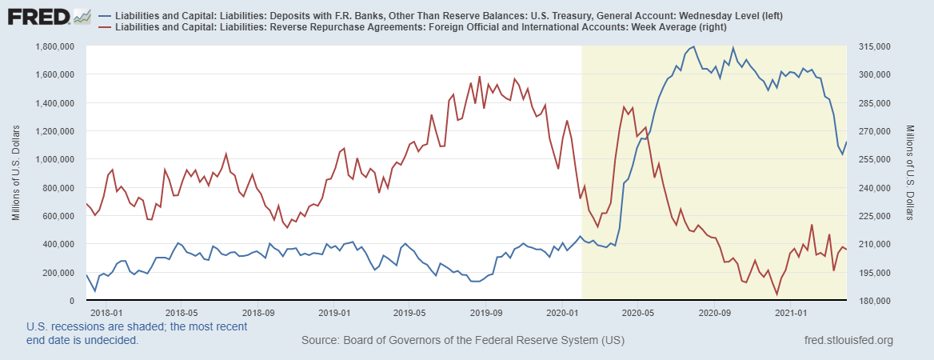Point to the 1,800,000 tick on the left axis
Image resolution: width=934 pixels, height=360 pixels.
pyautogui.click(x=55, y=46)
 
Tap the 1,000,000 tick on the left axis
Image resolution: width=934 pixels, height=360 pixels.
pyautogui.click(x=55, y=159)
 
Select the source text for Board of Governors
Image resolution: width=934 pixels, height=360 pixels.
pyautogui.click(x=463, y=341)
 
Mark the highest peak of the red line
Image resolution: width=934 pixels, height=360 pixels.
pyautogui.click(x=480, y=77)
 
